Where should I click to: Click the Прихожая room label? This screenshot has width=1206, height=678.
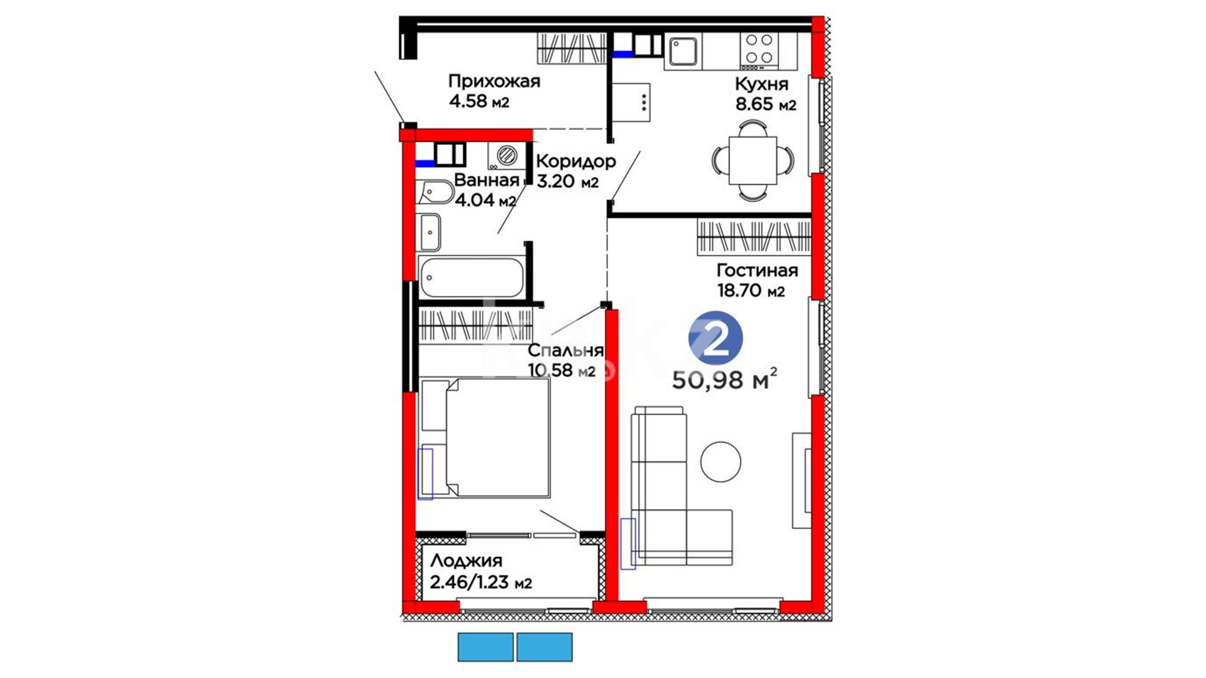494,82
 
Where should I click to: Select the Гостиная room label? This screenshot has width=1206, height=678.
757,271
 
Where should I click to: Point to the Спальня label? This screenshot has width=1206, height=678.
565,351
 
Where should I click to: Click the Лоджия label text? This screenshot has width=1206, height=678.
466,561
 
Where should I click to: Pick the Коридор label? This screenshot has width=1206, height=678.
575,162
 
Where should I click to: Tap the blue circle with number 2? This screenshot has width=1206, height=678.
715,338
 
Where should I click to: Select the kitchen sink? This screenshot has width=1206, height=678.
683,51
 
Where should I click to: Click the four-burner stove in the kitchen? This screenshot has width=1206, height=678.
759,50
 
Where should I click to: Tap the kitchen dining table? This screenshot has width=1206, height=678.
752,160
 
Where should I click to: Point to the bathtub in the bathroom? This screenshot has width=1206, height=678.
472,277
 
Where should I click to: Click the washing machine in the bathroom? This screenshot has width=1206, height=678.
506,156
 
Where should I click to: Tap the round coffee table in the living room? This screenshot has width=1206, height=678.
720,461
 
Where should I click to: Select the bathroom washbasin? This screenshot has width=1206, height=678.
430,232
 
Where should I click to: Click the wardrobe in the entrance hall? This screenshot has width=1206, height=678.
572,48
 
